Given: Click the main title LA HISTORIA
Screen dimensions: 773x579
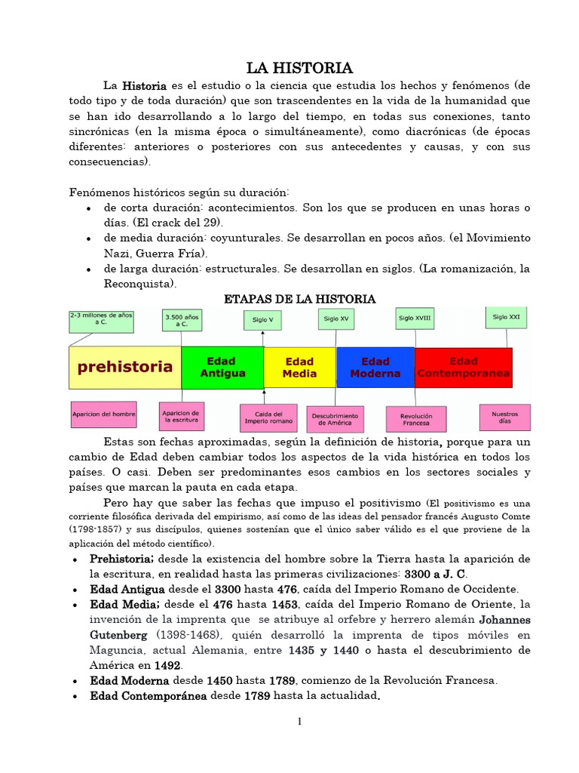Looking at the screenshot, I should (300, 69).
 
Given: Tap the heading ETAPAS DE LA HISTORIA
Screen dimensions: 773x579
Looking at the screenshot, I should (300, 300).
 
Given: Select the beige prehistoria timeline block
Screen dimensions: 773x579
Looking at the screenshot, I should (124, 368).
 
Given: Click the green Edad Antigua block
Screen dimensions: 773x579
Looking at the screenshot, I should (222, 368).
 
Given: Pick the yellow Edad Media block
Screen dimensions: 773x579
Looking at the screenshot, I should (299, 368).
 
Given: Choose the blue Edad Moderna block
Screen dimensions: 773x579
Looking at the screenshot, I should (375, 368).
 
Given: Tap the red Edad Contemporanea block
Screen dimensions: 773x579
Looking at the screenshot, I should (463, 368).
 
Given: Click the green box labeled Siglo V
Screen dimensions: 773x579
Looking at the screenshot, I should (263, 320).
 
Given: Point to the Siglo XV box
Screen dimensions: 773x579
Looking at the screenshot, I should (336, 319).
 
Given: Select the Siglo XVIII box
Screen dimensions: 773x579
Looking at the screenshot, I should (415, 318).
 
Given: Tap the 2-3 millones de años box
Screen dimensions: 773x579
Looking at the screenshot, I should (101, 321).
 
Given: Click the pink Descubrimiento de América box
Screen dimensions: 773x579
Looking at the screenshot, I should (335, 419).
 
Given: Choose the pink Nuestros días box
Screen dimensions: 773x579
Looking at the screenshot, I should (504, 417).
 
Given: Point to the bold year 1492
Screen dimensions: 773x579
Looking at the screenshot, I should (167, 665).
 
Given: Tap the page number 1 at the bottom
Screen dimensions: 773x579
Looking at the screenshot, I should (299, 722).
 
